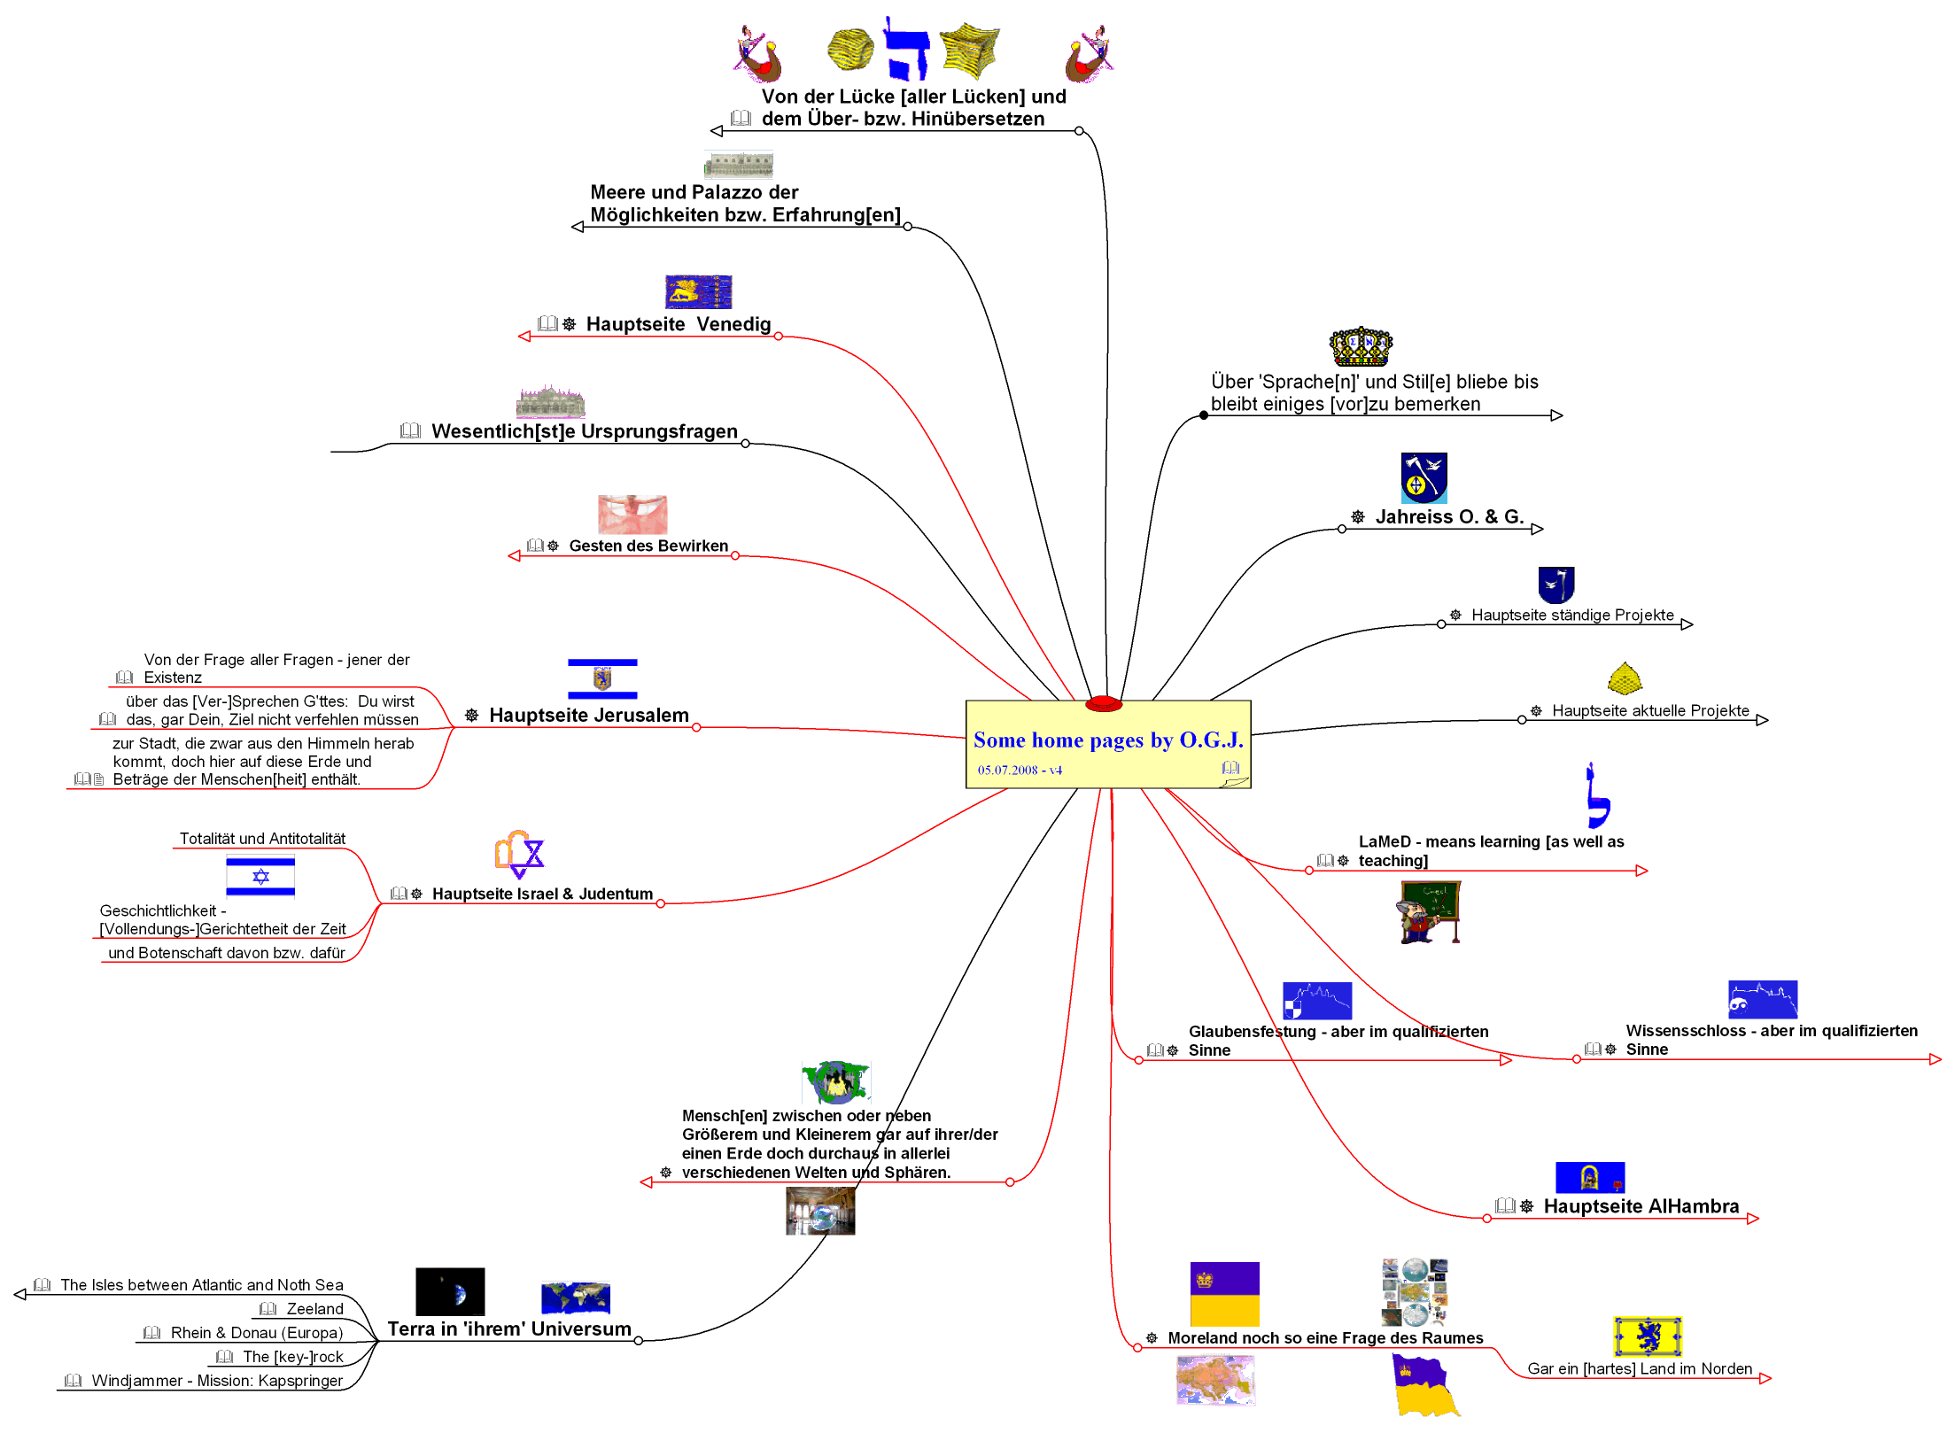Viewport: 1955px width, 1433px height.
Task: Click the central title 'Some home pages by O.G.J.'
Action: [1107, 740]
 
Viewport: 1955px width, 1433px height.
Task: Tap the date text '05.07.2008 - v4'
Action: [1019, 771]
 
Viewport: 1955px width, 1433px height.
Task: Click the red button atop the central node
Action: [1104, 704]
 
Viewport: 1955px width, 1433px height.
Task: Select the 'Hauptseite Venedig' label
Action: [678, 324]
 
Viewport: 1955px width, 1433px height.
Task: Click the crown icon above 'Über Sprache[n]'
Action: [1361, 346]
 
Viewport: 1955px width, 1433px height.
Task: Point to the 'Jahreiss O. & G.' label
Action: [1449, 517]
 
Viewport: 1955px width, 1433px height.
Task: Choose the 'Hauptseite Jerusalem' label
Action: [588, 716]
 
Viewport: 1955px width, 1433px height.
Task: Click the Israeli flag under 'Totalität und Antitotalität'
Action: [260, 877]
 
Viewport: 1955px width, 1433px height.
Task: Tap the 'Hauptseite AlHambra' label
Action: [1641, 1206]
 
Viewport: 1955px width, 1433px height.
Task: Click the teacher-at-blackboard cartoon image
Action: [1430, 912]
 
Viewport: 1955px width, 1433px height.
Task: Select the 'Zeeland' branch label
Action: [314, 1309]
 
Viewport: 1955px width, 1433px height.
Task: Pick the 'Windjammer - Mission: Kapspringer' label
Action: [217, 1381]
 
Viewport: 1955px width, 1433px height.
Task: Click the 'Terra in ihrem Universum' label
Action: [509, 1329]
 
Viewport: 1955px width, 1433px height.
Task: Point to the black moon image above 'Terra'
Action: [450, 1292]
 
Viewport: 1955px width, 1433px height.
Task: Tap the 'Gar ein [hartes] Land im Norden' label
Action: [1640, 1369]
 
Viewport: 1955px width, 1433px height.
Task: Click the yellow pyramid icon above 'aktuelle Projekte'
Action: [1625, 679]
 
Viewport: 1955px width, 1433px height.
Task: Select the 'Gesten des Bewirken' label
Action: [648, 546]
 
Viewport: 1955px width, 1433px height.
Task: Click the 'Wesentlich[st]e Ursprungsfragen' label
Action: [585, 432]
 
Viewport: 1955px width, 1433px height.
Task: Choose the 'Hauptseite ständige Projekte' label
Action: [1572, 616]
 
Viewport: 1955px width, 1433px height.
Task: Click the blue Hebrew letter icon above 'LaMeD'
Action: [1597, 796]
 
